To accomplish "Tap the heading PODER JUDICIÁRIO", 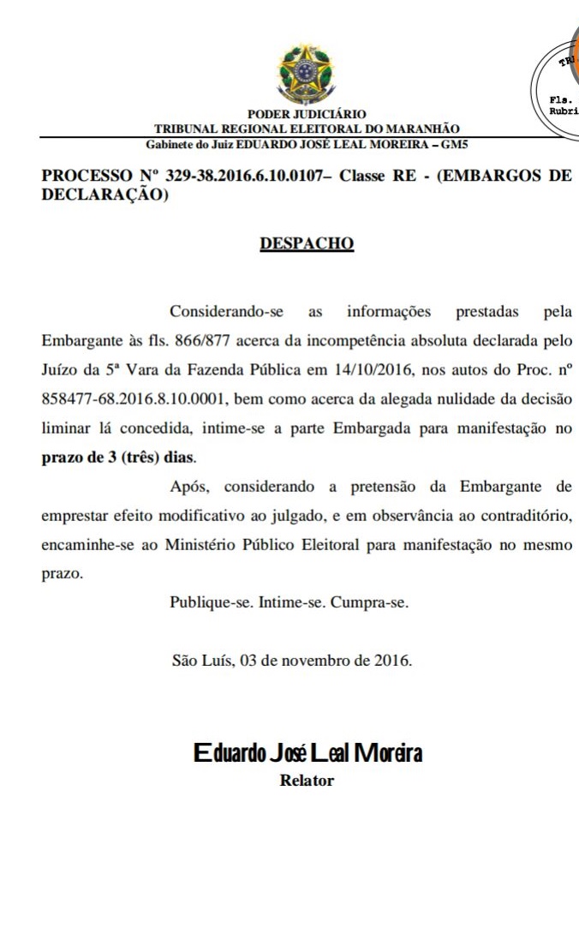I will (x=307, y=114).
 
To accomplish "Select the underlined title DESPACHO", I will (x=307, y=243).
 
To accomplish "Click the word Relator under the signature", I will (x=307, y=781).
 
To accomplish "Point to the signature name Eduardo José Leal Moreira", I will (x=307, y=754).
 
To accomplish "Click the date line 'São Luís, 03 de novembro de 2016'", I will (x=292, y=661).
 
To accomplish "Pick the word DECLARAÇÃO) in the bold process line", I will (x=104, y=195).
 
